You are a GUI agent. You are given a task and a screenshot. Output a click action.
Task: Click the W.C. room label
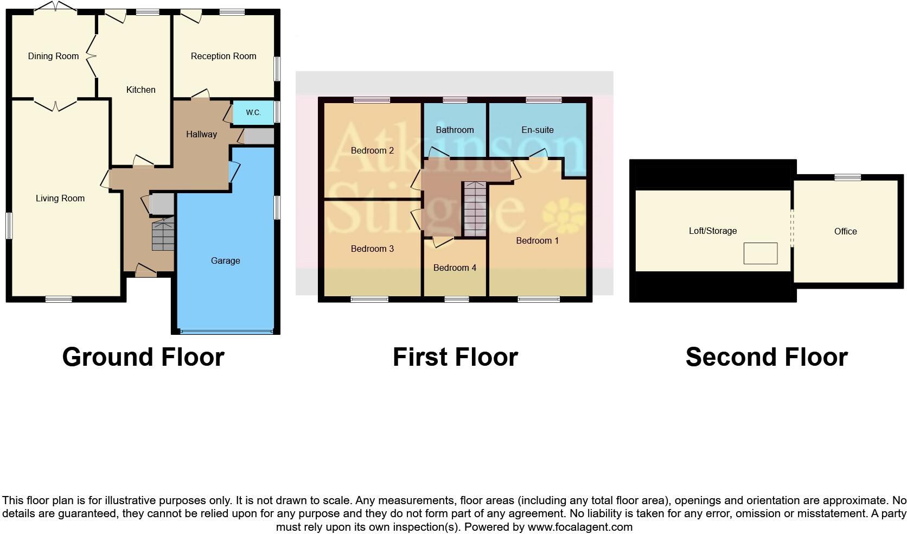click(253, 113)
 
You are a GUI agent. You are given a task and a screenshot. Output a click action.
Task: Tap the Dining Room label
click(53, 56)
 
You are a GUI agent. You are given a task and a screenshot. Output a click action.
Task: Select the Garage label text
click(225, 261)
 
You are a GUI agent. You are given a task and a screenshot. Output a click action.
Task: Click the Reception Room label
click(223, 56)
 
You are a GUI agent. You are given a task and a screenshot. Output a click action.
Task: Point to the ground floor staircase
click(163, 235)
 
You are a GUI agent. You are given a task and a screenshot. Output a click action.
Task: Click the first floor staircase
click(475, 209)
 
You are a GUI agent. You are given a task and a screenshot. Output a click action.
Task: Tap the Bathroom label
click(455, 130)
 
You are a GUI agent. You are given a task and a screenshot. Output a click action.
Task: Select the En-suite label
click(537, 130)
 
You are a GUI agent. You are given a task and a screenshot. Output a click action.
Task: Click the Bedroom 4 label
click(455, 268)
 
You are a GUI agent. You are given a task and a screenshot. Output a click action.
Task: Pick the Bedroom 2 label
click(372, 151)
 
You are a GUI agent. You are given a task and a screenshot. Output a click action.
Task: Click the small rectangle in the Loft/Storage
click(760, 253)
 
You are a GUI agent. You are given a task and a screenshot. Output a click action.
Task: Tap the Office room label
click(845, 232)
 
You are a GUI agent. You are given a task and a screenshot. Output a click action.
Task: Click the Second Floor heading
click(766, 358)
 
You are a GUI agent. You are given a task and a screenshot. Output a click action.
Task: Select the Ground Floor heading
click(143, 358)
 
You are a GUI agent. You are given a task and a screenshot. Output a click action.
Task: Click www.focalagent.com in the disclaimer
click(579, 527)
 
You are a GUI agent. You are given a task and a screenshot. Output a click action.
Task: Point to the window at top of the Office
click(847, 177)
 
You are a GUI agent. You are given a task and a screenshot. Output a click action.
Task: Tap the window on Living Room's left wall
click(9, 225)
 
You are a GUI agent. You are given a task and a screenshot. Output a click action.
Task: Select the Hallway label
click(201, 135)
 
